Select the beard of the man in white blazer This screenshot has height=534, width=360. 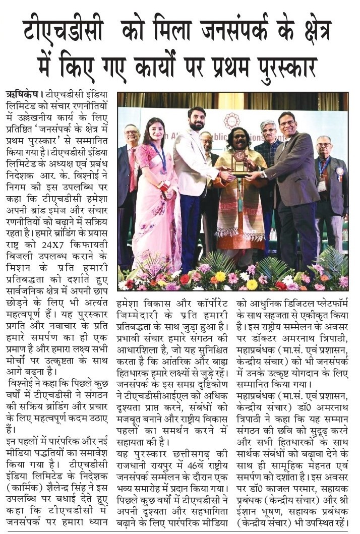(x=197, y=125)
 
